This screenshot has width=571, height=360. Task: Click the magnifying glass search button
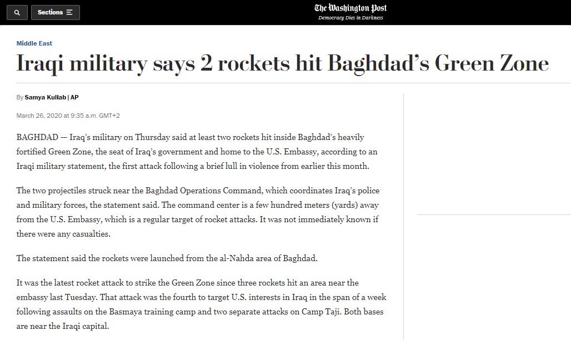point(17,12)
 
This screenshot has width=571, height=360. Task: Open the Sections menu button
point(55,12)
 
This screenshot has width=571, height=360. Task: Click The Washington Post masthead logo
point(350,8)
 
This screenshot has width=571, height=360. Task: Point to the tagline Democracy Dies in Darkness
point(350,18)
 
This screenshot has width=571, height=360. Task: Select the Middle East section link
point(34,43)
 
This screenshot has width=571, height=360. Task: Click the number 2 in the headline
point(206,63)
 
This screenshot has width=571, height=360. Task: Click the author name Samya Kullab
point(45,97)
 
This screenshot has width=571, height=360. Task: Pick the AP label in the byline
point(74,97)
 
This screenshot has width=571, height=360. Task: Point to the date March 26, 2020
point(39,116)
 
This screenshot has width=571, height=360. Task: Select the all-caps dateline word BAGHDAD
point(37,137)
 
